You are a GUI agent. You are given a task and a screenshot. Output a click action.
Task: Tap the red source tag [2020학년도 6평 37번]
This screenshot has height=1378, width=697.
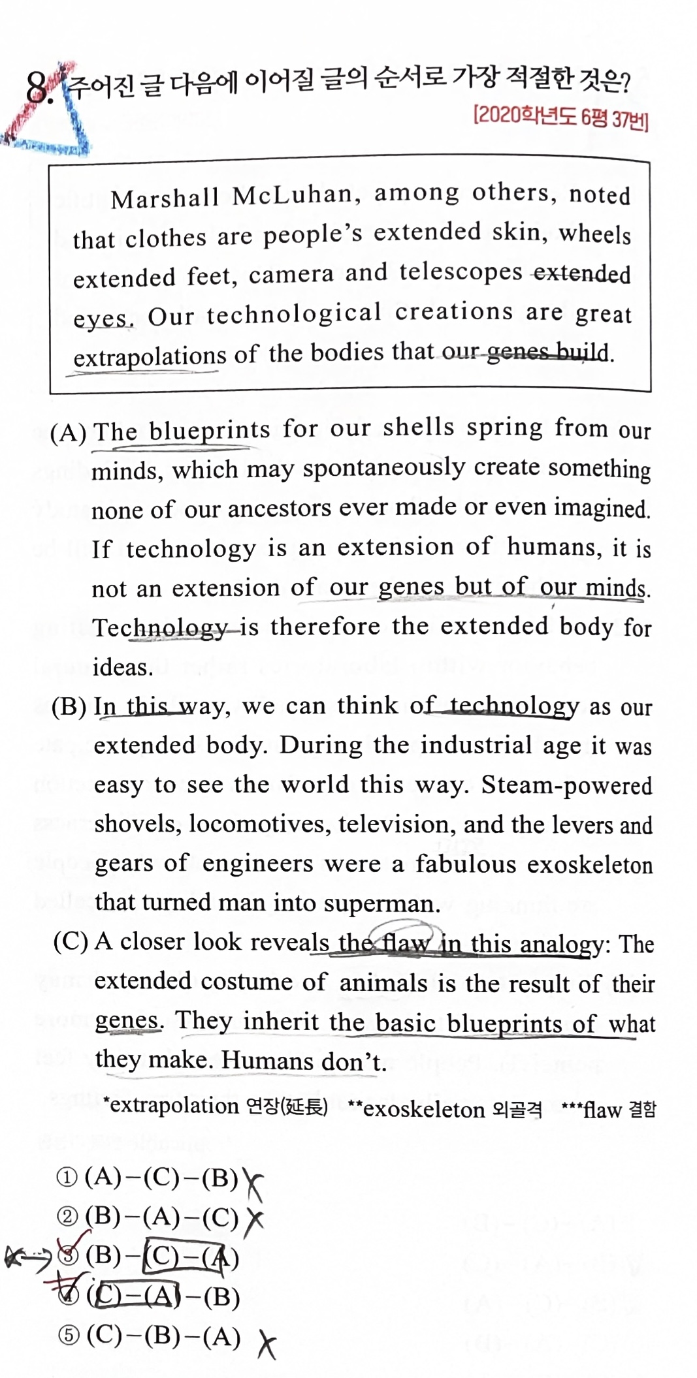coord(560,117)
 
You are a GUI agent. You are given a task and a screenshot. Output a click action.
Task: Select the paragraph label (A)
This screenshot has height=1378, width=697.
coord(69,433)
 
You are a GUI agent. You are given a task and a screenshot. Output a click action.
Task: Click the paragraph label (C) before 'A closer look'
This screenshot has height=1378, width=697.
coord(71,942)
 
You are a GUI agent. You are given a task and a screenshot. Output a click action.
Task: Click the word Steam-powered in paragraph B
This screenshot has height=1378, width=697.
coord(566,785)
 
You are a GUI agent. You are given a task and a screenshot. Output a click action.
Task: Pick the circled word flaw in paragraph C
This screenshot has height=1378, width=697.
coord(406,942)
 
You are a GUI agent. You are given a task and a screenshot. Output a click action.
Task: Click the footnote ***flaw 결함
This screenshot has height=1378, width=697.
coord(609,1109)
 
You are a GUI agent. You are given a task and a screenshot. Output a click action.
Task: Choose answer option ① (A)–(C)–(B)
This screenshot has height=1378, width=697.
coord(147,1178)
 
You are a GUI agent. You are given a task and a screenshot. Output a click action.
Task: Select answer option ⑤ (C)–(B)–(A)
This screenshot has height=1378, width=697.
coord(149,1336)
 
